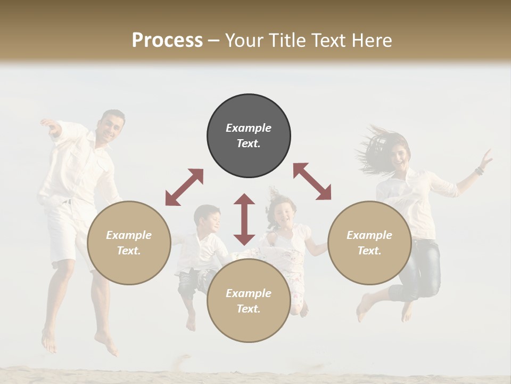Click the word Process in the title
[167, 41]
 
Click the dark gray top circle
[249, 136]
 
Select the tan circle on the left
[129, 243]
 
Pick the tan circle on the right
[369, 243]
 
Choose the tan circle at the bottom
[249, 301]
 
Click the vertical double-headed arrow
[244, 219]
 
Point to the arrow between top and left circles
[184, 187]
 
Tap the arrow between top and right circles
[312, 181]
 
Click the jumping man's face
[111, 127]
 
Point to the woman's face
[400, 155]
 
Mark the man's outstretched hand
[51, 125]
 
